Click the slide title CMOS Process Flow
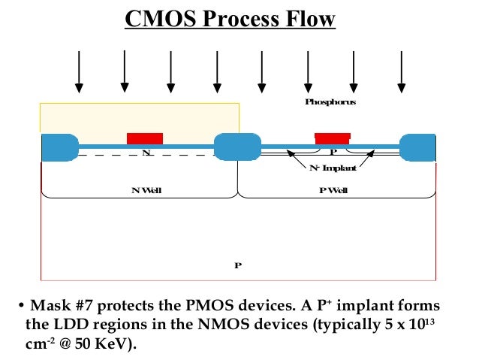pyautogui.click(x=230, y=20)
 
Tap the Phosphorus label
pyautogui.click(x=330, y=101)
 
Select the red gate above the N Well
pyautogui.click(x=145, y=138)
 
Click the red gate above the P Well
pyautogui.click(x=332, y=138)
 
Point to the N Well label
pyautogui.click(x=146, y=190)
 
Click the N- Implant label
pyautogui.click(x=333, y=168)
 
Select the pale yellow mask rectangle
pyautogui.click(x=140, y=118)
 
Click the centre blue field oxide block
pyautogui.click(x=237, y=146)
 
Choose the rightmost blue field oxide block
pyautogui.click(x=417, y=147)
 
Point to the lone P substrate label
pyautogui.click(x=237, y=265)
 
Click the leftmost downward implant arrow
pyautogui.click(x=78, y=72)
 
